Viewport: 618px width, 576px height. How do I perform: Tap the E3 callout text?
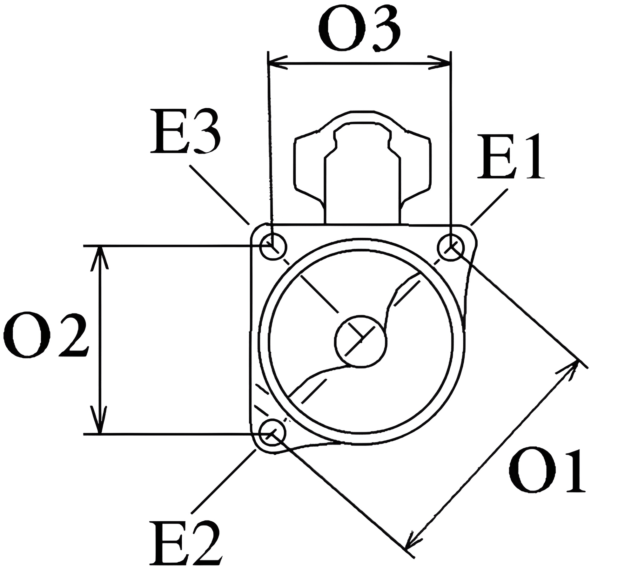coord(185,131)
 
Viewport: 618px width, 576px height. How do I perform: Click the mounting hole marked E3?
coord(273,247)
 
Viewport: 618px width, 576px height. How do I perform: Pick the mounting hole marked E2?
coord(273,434)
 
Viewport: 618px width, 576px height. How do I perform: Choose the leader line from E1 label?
coord(489,207)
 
